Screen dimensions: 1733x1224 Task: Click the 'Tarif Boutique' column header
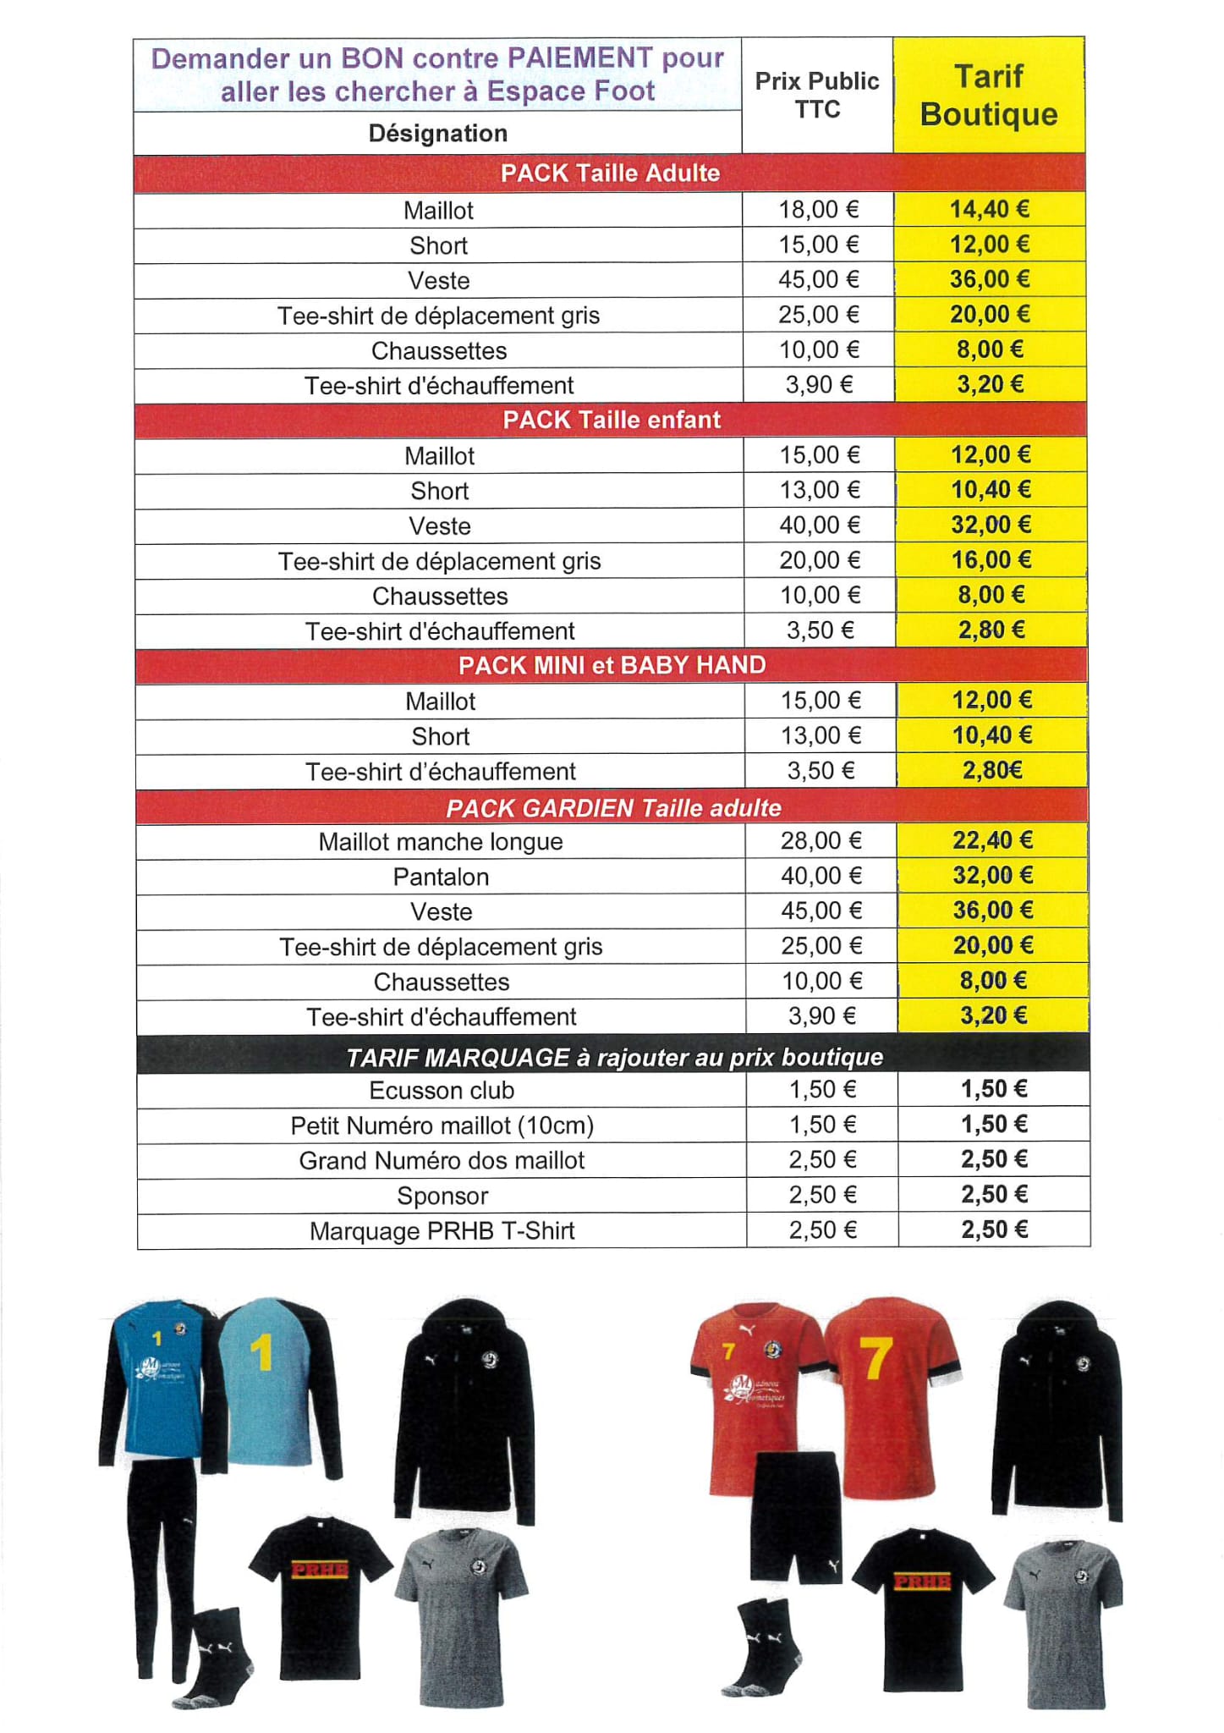pos(988,95)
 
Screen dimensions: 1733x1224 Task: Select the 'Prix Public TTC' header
pos(816,95)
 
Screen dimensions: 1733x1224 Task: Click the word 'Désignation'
pos(437,133)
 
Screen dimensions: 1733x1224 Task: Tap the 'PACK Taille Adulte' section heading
pos(610,173)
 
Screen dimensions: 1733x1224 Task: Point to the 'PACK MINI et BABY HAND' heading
pos(612,665)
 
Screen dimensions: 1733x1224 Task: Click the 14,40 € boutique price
pos(989,209)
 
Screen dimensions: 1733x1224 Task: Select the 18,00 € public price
pos(818,209)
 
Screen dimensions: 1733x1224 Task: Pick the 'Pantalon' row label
pos(441,877)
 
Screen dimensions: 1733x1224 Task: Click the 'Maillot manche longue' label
pos(441,841)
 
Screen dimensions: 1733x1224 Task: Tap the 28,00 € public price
pos(821,840)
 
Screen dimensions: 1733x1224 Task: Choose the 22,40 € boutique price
pos(992,840)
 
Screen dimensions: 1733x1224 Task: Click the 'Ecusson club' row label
pos(442,1090)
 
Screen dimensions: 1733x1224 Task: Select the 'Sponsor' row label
pos(442,1196)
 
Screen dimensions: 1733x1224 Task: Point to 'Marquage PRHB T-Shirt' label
pos(442,1230)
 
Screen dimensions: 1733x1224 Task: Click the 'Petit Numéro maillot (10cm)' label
pos(442,1125)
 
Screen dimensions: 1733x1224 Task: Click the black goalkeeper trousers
pos(161,1565)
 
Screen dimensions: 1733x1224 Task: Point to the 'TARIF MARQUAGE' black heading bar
pos(614,1056)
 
